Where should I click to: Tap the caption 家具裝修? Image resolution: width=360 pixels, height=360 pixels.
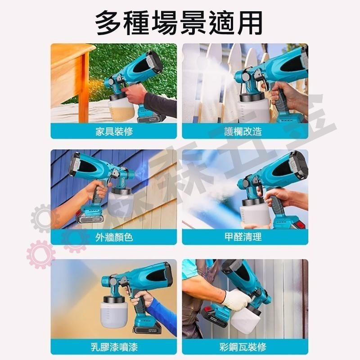click(114, 131)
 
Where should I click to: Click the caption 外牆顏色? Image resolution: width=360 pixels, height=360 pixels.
click(114, 237)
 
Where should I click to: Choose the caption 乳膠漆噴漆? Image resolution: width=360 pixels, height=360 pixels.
click(114, 347)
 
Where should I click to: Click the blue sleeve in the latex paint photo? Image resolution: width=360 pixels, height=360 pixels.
click(162, 315)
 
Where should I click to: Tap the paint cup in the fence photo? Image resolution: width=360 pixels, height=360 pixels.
click(254, 108)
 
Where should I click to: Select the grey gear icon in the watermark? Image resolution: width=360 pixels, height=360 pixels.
click(43, 218)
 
